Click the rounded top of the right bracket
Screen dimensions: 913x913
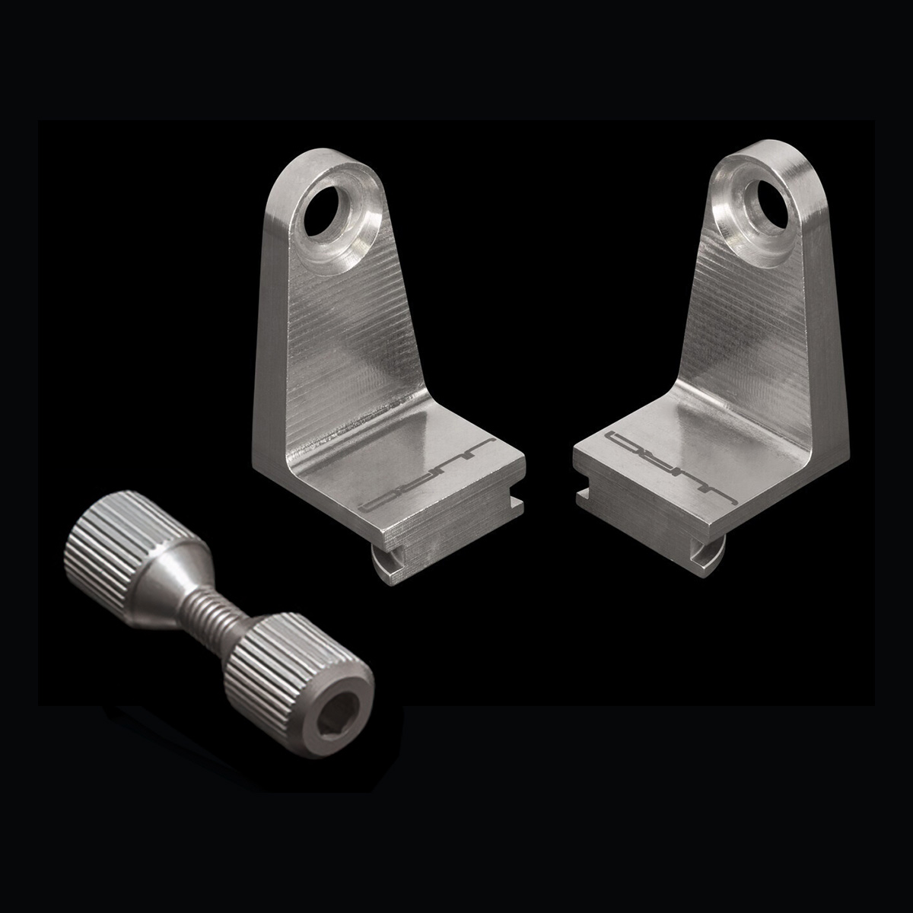pos(768,156)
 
